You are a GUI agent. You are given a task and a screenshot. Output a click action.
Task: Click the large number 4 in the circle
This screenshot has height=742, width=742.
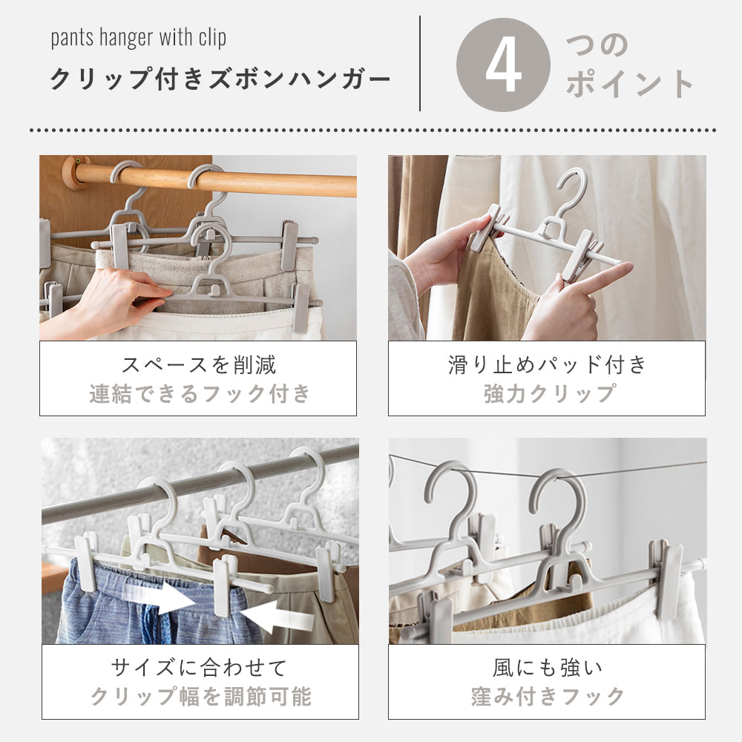click(x=503, y=65)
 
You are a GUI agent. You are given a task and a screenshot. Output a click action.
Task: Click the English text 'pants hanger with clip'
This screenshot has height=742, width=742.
click(x=139, y=39)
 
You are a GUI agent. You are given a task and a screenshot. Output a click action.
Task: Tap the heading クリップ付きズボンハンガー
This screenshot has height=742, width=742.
click(x=220, y=79)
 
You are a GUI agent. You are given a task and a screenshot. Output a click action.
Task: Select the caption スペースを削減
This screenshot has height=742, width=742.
click(x=198, y=364)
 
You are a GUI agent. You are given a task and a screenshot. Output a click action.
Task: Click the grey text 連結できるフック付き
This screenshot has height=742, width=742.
click(x=198, y=393)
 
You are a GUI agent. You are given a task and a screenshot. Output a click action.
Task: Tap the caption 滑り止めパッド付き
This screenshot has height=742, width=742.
click(x=547, y=364)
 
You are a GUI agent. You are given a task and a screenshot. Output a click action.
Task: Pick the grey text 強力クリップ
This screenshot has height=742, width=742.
click(x=547, y=393)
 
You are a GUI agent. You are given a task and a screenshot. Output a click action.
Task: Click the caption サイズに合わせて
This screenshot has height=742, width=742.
click(x=199, y=668)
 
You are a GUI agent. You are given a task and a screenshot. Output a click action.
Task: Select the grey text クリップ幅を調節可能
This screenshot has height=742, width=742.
click(x=199, y=697)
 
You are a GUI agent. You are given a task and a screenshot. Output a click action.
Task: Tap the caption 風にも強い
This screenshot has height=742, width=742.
click(x=547, y=668)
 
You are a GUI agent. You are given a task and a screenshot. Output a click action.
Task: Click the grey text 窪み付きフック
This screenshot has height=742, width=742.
click(x=547, y=697)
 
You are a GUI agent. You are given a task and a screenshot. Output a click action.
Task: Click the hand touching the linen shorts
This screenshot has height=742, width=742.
click(x=126, y=293)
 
